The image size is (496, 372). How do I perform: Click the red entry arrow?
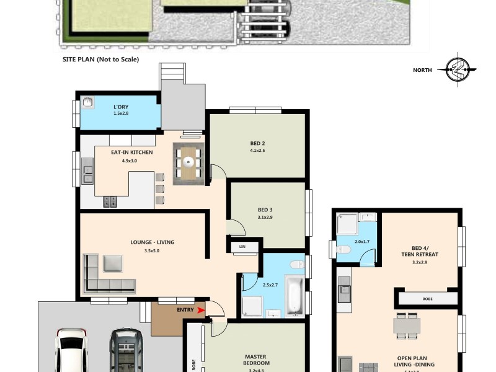(x=200, y=310)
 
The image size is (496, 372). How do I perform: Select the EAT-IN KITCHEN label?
(x=131, y=153)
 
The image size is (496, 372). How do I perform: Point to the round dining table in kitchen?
(x=187, y=162)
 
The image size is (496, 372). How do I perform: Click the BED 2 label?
(x=257, y=143)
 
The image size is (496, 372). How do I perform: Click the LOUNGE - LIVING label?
(x=152, y=242)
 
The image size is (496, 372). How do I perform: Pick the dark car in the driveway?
(x=126, y=350)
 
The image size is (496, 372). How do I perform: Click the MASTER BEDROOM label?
(x=256, y=360)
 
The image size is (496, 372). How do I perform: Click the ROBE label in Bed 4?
(x=428, y=299)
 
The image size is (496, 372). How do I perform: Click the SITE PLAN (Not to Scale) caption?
(x=100, y=60)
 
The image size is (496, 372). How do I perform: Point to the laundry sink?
(x=89, y=102)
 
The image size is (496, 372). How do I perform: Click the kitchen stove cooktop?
(x=110, y=201)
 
